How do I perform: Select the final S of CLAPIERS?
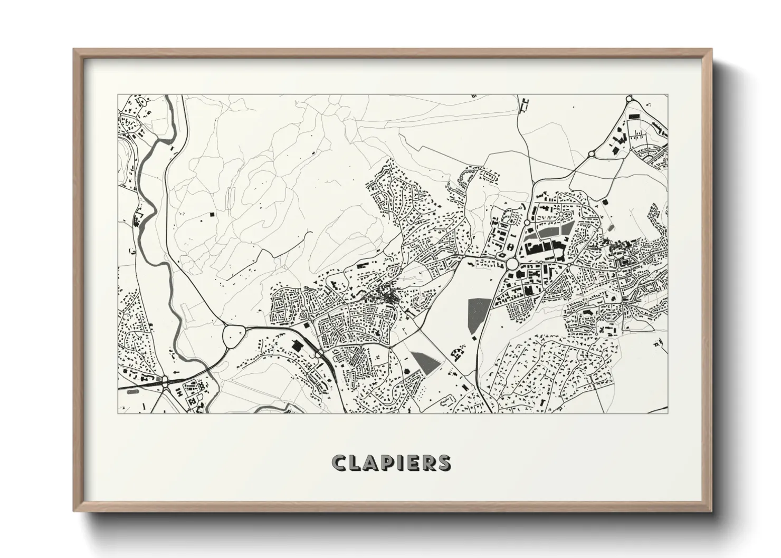point(444,463)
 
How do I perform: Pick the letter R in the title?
point(428,463)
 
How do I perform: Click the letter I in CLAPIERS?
point(398,463)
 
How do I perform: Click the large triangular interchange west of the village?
point(234,335)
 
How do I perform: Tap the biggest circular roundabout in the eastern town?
point(511,263)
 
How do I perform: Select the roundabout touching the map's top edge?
point(629,99)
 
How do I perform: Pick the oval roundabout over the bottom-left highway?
point(165,381)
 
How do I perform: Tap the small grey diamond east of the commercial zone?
point(611,227)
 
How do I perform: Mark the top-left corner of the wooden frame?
point(74,50)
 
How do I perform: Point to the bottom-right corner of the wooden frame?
point(711,512)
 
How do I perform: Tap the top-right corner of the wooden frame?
point(711,50)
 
